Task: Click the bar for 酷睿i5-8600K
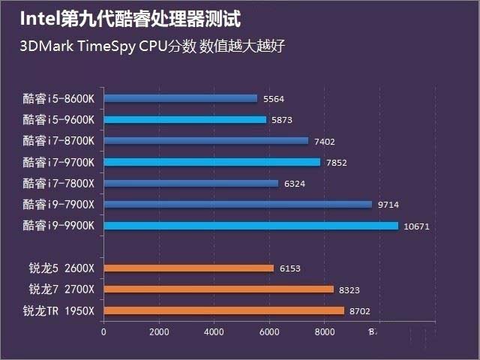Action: (x=180, y=98)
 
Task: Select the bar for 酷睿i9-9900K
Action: (x=250, y=226)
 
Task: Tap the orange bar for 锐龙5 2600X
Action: (x=188, y=268)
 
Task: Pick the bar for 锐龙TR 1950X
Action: (x=223, y=310)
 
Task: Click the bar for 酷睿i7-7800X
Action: (x=190, y=183)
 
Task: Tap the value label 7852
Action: (x=337, y=162)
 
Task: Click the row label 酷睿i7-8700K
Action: (x=58, y=140)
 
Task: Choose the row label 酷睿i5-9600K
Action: (x=58, y=119)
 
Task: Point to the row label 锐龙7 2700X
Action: (x=61, y=289)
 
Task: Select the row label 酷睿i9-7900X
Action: (x=58, y=205)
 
